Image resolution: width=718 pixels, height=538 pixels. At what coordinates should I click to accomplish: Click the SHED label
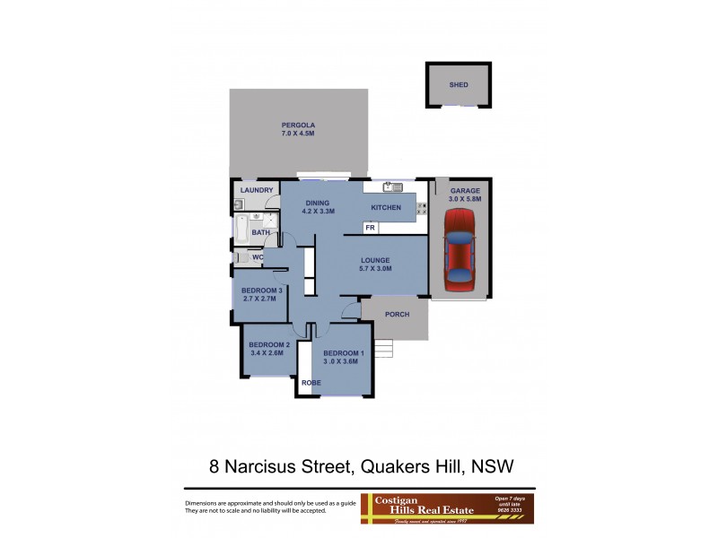point(459,85)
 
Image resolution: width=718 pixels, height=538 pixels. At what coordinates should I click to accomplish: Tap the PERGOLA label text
point(297,124)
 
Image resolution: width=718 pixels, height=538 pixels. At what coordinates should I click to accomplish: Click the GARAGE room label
point(466,191)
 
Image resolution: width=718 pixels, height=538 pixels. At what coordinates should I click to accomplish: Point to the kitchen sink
point(392,187)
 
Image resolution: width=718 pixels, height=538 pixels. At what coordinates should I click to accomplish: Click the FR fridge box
point(370,228)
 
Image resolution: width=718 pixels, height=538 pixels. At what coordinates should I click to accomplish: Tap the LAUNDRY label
point(258,190)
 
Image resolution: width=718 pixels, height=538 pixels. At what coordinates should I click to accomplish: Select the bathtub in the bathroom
point(241,228)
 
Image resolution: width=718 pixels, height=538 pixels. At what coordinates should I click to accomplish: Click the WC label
point(257,257)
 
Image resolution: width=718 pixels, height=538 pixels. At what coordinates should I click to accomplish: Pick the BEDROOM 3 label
point(262,290)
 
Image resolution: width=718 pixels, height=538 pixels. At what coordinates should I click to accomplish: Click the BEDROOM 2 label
point(269,345)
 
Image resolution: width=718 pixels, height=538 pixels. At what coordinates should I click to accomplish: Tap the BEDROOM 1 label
point(344,352)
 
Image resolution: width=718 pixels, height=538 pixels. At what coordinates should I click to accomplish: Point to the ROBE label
point(311,383)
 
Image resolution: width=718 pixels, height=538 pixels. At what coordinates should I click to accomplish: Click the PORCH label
point(397,315)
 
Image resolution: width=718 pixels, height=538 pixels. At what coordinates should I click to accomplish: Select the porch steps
point(383,348)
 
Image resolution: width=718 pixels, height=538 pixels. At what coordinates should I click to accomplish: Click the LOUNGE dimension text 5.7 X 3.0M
point(376,269)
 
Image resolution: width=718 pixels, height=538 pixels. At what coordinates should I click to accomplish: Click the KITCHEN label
point(386,207)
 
